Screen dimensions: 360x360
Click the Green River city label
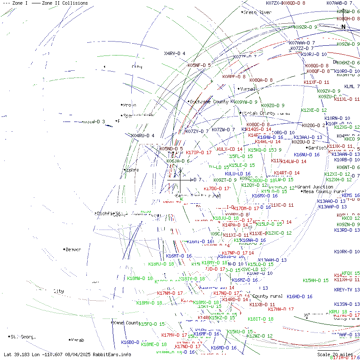(258, 13)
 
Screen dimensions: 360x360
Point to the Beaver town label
(73, 249)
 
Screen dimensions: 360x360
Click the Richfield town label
(108, 213)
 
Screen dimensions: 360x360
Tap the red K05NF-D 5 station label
(199, 65)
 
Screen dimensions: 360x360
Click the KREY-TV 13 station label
(346, 290)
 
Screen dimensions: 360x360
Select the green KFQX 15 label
(350, 274)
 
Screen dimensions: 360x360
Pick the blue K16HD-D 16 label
(299, 297)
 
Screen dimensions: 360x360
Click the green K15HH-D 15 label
(316, 280)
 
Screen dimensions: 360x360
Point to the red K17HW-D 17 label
(280, 309)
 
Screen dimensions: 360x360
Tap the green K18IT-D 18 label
(260, 319)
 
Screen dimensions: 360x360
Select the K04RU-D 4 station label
(143, 136)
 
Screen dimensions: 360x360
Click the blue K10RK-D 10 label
(347, 252)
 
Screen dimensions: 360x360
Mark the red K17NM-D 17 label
(170, 293)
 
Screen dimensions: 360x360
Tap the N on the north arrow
(343, 27)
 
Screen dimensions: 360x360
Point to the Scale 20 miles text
(335, 354)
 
